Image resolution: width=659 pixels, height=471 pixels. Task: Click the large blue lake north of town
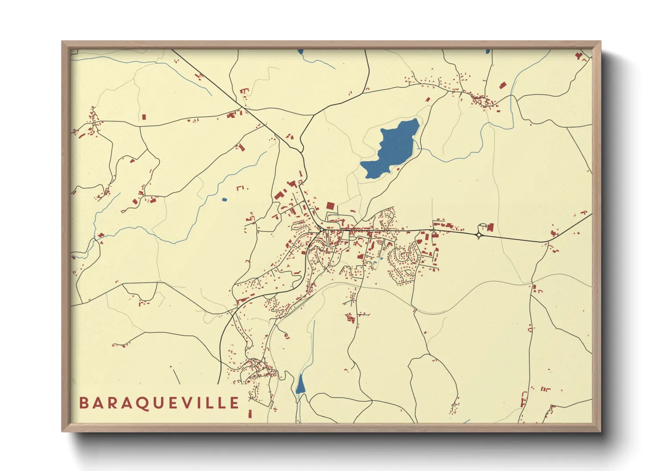tap(392, 149)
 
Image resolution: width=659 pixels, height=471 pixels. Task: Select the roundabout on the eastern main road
tap(480, 235)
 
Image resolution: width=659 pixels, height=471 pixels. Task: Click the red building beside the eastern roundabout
tap(490, 227)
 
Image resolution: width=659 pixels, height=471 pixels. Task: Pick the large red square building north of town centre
tap(330, 206)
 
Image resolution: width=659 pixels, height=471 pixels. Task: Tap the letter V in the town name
tap(187, 403)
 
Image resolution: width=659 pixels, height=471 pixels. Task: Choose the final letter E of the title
tap(235, 403)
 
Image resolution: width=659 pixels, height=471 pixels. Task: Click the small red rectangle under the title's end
tap(250, 414)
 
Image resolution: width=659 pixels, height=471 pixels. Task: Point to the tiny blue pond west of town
tap(224, 199)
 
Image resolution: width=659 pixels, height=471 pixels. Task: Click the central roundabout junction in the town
tap(321, 230)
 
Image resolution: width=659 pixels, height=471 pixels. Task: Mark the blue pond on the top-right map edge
tap(488, 51)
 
